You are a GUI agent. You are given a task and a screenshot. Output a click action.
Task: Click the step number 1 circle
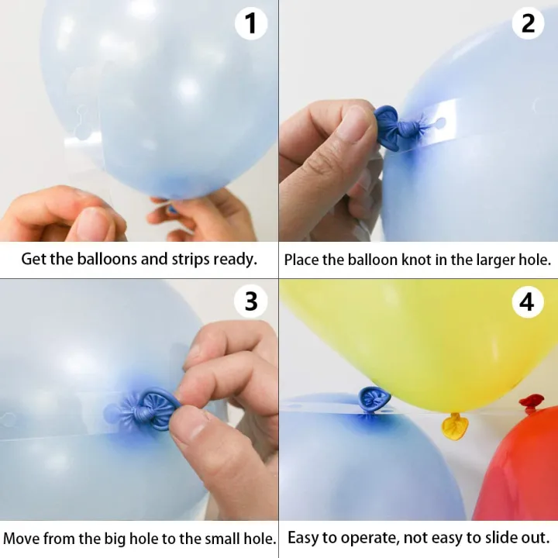coord(250,23)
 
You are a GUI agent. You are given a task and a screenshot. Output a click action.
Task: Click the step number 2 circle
coord(528,23)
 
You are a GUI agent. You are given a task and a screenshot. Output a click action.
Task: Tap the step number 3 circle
coord(250,301)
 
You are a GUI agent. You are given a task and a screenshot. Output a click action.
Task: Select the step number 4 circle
coord(528,301)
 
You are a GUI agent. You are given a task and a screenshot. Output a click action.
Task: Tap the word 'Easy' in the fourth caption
coord(304,537)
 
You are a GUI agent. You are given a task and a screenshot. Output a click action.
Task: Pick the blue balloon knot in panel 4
coord(374,399)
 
